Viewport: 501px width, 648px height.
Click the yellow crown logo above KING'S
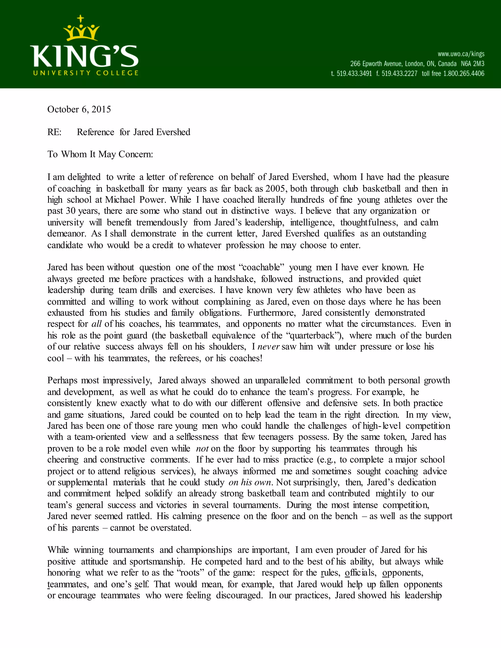[81, 30]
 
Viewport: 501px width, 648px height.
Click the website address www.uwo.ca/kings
[461, 54]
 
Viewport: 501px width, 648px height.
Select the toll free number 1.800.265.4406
[464, 74]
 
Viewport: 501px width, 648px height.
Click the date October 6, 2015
[79, 110]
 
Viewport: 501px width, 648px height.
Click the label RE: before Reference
[54, 132]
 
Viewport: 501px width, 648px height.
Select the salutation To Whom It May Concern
[100, 155]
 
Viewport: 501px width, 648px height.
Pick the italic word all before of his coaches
[96, 324]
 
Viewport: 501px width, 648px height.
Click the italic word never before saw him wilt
[269, 347]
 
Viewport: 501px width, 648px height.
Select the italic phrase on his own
[250, 482]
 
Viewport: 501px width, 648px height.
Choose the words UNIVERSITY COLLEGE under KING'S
[86, 73]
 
